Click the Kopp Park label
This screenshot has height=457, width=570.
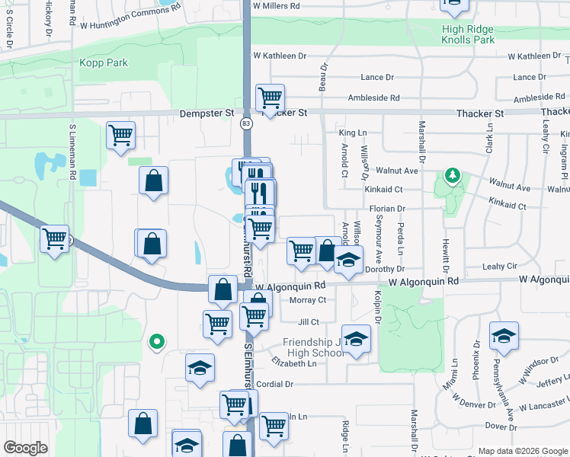[x=104, y=62]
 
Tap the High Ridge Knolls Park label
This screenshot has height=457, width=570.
[x=468, y=34]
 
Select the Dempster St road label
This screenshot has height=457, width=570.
[x=207, y=113]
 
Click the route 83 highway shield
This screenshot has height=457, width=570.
[x=245, y=123]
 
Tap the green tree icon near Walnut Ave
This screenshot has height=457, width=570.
[x=453, y=176]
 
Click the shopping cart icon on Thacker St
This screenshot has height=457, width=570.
[x=270, y=97]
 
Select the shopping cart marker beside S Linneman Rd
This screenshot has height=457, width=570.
[x=120, y=136]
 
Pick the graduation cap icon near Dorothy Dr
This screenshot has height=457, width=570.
[x=349, y=260]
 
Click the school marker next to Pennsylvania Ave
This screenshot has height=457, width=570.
[x=503, y=336]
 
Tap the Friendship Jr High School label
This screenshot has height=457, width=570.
[x=314, y=347]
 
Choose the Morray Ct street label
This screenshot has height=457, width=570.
[x=308, y=300]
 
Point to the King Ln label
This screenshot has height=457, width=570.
[x=353, y=133]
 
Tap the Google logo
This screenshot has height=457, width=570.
[x=25, y=447]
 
